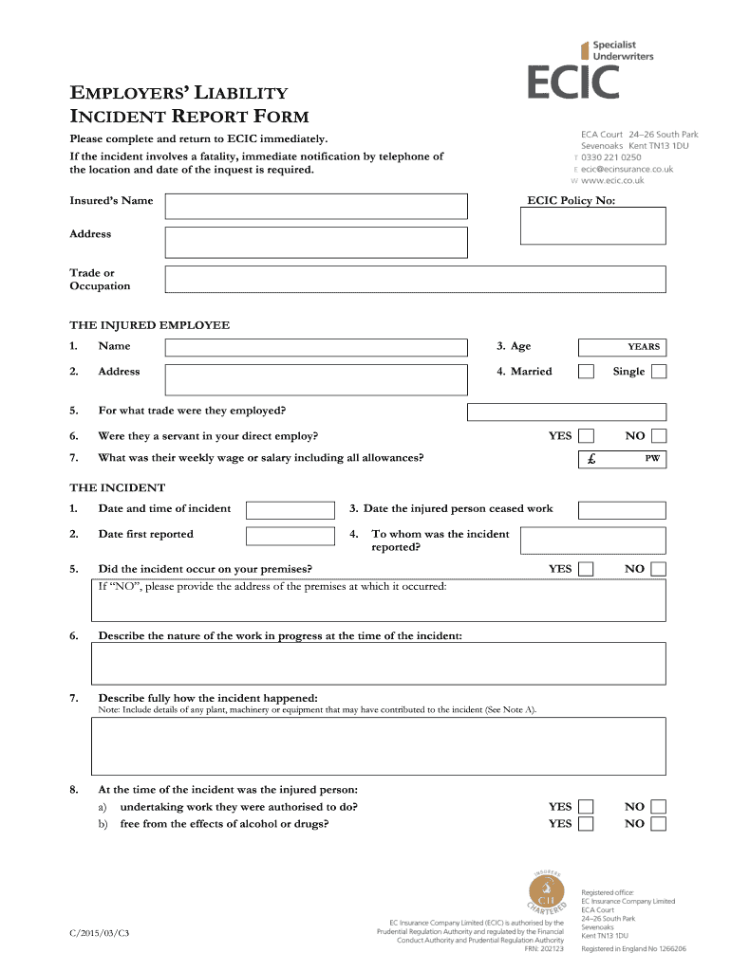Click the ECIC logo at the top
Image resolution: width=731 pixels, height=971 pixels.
573,82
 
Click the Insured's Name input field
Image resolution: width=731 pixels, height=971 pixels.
316,206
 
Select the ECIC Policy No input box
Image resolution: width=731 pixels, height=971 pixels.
593,226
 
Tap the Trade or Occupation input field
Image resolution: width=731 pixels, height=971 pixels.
415,279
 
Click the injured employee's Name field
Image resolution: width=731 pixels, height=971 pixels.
316,347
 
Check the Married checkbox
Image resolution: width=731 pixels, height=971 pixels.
587,372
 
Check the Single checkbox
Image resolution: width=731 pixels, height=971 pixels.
658,372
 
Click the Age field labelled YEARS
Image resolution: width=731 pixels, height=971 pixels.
622,347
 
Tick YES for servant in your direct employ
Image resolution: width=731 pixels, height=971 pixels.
587,436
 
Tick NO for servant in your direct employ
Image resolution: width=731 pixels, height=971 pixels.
658,436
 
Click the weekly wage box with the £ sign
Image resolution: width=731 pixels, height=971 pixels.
622,459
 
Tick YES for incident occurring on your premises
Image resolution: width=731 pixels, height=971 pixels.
587,569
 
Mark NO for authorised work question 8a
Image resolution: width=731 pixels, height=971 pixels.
658,807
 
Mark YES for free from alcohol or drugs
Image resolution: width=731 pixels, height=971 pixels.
587,824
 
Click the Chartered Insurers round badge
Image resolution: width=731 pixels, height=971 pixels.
546,893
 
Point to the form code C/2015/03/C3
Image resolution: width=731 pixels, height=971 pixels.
99,934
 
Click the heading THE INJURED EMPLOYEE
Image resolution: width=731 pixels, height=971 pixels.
149,325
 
